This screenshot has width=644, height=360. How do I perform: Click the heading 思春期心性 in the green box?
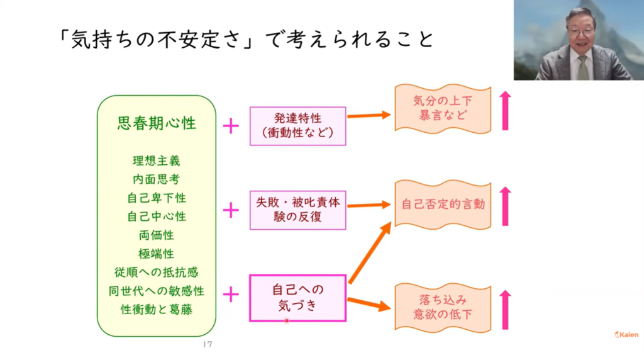point(157,122)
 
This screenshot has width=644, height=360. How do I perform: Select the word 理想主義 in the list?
point(157,160)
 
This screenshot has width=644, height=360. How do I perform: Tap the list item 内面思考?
point(157,179)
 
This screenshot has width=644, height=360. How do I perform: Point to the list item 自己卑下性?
point(157,198)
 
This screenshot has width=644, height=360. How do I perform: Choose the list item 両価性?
point(157,235)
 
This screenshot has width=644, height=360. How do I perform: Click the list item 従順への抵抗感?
point(157,273)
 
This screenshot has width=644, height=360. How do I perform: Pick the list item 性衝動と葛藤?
point(157,310)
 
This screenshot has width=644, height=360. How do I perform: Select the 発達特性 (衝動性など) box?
point(297,126)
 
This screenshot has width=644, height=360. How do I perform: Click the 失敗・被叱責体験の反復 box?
point(297,210)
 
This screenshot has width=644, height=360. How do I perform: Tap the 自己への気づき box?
point(297,298)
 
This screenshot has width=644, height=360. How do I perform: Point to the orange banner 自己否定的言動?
point(442,205)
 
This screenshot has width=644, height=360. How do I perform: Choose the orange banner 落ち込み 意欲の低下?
point(442,307)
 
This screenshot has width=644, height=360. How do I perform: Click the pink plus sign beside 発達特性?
point(231,126)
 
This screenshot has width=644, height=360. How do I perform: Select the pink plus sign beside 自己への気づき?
point(231,294)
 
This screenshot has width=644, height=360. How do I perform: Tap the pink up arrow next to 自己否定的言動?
point(505,206)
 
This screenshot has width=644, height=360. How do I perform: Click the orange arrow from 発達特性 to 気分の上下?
point(369,115)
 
